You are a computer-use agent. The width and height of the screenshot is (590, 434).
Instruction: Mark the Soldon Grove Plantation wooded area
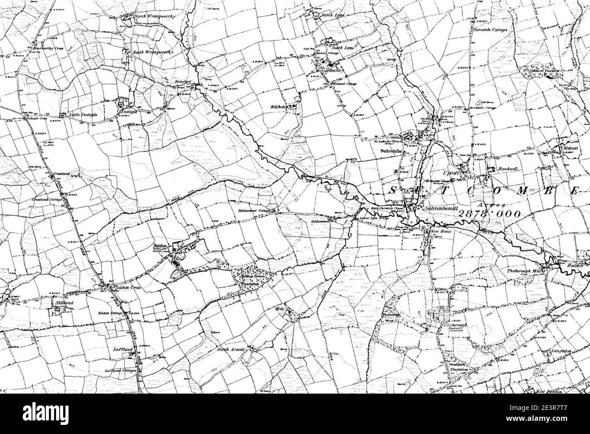252,275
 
